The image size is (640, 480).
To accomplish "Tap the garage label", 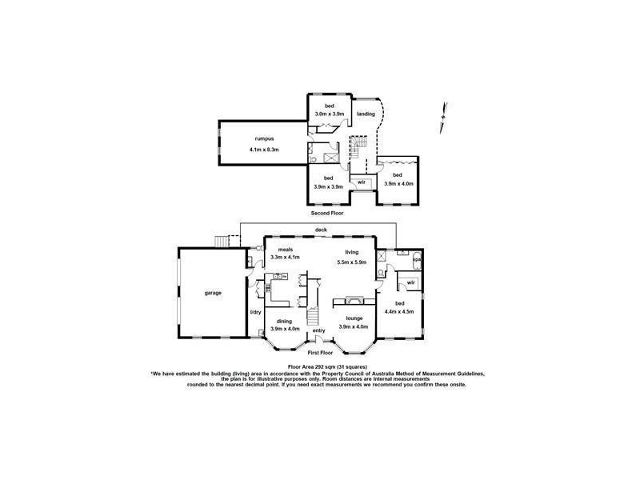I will pyautogui.click(x=213, y=293).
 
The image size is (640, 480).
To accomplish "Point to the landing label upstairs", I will pyautogui.click(x=366, y=114).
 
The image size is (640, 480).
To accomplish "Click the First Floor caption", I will pyautogui.click(x=320, y=353).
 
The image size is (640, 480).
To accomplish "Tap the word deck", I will pyautogui.click(x=320, y=230).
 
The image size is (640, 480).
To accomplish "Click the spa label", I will pyautogui.click(x=416, y=261).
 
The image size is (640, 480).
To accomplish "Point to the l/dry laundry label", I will pyautogui.click(x=256, y=312).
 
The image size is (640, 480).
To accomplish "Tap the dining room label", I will pyautogui.click(x=285, y=321).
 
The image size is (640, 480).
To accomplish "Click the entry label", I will pyautogui.click(x=319, y=330).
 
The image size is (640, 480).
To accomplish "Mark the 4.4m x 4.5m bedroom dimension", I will pyautogui.click(x=399, y=311).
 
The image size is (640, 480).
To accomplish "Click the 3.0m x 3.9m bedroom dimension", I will pyautogui.click(x=328, y=114).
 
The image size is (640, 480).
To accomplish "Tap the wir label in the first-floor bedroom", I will pyautogui.click(x=410, y=283).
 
